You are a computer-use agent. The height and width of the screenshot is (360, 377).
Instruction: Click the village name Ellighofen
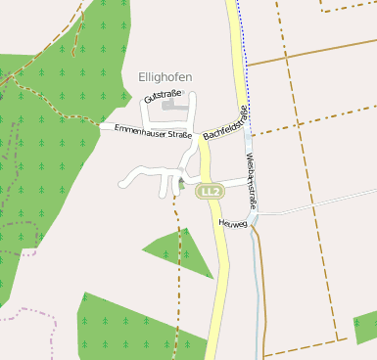point(165,76)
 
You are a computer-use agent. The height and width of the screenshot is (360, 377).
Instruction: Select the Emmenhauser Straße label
point(152,131)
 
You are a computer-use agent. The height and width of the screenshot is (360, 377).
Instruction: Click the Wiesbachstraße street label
point(252,180)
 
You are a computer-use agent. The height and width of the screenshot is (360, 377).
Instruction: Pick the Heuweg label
point(233,224)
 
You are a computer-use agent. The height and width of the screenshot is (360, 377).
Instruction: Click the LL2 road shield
point(208,190)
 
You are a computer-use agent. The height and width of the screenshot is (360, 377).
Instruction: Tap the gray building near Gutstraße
point(172,101)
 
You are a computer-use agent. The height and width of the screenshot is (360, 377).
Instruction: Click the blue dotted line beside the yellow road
point(242,59)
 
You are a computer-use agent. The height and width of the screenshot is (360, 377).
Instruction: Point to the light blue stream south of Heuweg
point(259,284)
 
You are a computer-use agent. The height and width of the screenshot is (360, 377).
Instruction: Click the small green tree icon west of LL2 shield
point(181,184)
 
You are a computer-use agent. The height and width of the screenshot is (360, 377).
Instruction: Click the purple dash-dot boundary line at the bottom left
point(39,314)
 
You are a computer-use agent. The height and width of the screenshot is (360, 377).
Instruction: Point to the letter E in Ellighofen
point(143,76)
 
